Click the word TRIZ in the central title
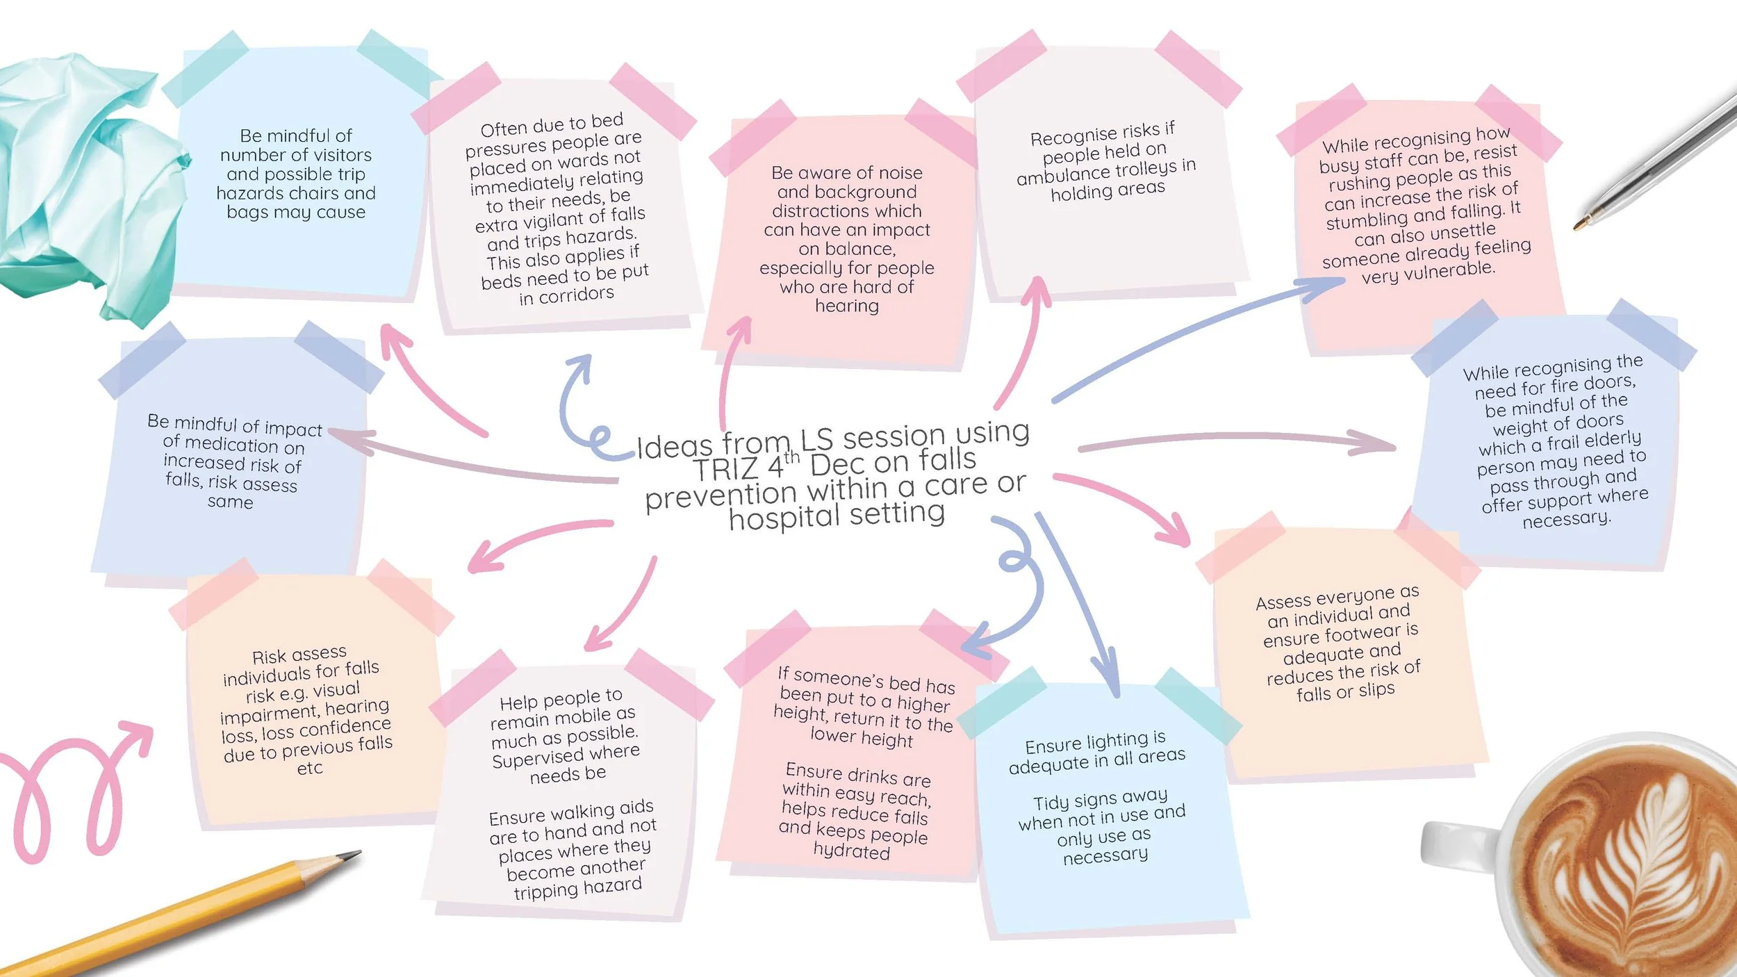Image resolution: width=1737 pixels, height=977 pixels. coord(727,470)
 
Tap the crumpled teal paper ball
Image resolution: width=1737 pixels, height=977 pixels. coord(83,181)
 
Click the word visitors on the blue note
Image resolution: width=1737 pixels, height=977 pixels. coord(340,154)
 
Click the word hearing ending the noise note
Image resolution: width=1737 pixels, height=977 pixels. coord(846,306)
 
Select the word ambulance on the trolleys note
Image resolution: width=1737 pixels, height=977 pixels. coord(1062,174)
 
